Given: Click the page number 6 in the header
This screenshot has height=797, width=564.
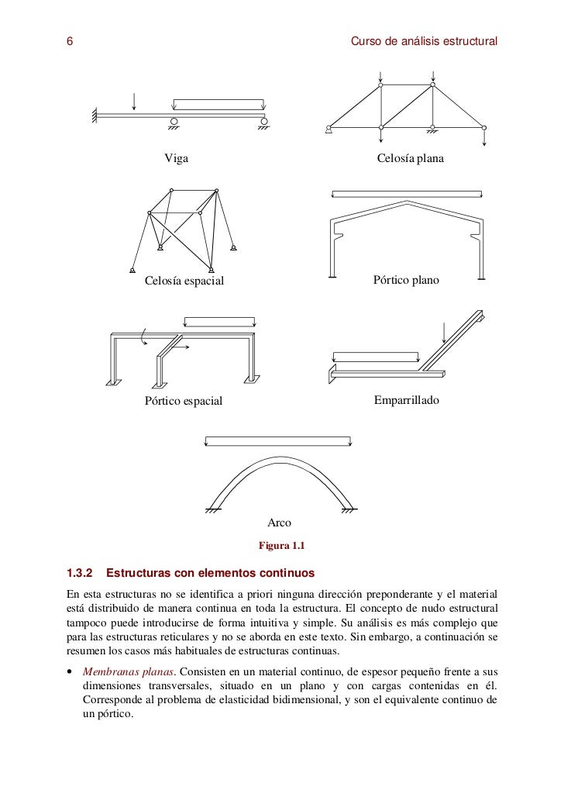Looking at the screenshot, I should pyautogui.click(x=70, y=40).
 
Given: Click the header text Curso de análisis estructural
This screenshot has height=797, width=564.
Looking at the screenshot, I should pyautogui.click(x=424, y=40).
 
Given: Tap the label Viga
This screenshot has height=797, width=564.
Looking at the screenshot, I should pyautogui.click(x=175, y=159).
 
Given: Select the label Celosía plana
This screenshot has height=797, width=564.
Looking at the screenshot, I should pyautogui.click(x=410, y=159).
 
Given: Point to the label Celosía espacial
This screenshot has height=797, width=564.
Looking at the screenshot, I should pyautogui.click(x=184, y=281).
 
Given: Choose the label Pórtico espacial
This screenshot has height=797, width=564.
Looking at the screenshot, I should pyautogui.click(x=183, y=401).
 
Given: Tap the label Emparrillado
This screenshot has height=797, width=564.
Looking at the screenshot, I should pyautogui.click(x=407, y=400).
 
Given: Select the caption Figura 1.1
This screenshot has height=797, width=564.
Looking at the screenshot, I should pyautogui.click(x=282, y=546).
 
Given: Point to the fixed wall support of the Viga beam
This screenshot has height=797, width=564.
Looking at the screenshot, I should pyautogui.click(x=94, y=116).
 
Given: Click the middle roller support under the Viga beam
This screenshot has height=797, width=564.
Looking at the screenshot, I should pyautogui.click(x=174, y=122).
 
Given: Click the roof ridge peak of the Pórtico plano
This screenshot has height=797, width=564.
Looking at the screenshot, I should pyautogui.click(x=406, y=203).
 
